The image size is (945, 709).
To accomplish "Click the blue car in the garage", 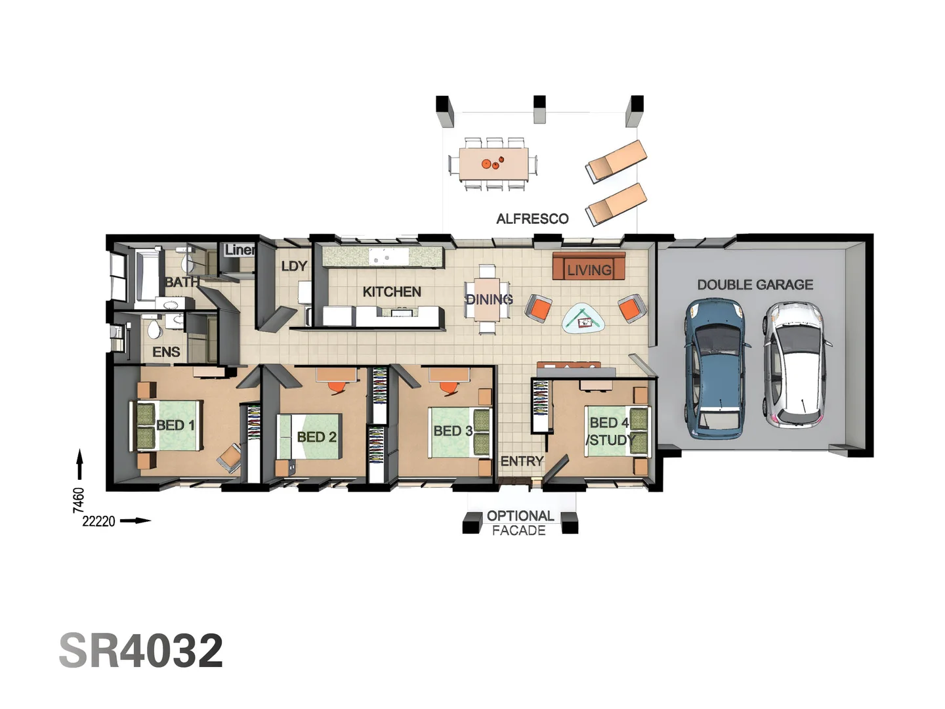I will [715, 368].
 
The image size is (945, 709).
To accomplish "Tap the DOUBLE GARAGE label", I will [755, 284].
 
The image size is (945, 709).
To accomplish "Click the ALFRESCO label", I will [532, 219].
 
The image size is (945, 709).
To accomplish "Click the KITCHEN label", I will [392, 291].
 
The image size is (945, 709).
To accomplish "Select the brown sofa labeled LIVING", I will [589, 267].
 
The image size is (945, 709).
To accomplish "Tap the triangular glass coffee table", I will [583, 320].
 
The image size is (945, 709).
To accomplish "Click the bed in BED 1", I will [167, 425].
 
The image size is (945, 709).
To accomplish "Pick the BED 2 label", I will [316, 437].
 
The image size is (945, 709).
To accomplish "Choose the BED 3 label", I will [453, 431].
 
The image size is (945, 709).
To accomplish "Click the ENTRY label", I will [522, 461].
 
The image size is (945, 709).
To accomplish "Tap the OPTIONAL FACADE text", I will [520, 523].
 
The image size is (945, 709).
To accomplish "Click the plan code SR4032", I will [141, 651].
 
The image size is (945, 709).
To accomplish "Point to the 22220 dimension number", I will [98, 521].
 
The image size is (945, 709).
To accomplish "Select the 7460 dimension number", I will [79, 500].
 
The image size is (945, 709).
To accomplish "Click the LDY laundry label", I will [293, 266].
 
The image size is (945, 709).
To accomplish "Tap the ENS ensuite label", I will [166, 352].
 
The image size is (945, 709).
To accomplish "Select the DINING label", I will [489, 299].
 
